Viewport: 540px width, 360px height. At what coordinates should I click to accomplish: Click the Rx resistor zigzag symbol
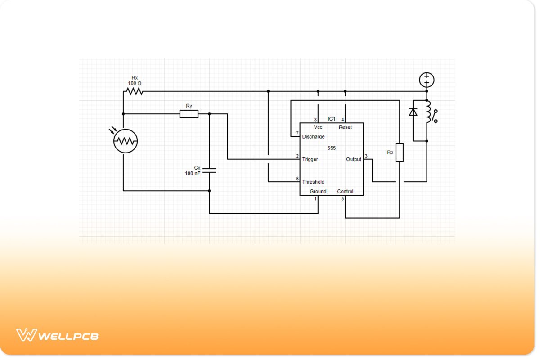(x=135, y=91)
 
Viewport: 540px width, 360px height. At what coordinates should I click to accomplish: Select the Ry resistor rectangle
(x=189, y=114)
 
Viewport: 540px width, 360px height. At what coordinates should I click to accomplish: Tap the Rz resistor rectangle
(x=399, y=152)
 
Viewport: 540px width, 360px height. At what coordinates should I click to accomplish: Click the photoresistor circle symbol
(x=126, y=141)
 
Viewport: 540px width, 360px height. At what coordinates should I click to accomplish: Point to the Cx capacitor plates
(x=209, y=171)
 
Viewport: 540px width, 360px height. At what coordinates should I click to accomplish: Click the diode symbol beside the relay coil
(x=413, y=112)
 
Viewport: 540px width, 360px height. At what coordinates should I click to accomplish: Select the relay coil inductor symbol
(x=428, y=112)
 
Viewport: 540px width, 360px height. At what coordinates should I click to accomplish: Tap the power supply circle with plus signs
(x=427, y=80)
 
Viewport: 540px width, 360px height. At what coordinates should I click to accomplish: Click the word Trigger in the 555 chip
(x=310, y=159)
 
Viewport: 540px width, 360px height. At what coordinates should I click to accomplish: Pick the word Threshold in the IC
(x=313, y=182)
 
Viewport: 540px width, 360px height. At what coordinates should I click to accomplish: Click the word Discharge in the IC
(x=313, y=137)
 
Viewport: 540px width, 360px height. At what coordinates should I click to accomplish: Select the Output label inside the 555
(x=354, y=159)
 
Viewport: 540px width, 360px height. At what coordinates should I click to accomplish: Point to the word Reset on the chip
(x=345, y=127)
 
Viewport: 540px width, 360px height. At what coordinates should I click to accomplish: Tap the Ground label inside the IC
(x=318, y=191)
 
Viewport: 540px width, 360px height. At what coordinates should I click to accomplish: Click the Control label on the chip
(x=345, y=191)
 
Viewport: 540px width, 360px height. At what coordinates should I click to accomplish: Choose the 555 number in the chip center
(x=332, y=148)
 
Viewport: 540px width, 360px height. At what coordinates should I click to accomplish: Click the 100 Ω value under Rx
(x=135, y=83)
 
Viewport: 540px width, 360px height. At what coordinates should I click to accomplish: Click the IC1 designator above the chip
(x=332, y=119)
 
